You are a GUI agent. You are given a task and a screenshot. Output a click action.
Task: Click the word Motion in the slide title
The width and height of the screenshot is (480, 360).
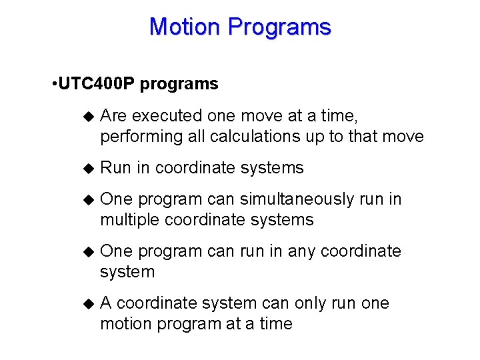tap(185, 27)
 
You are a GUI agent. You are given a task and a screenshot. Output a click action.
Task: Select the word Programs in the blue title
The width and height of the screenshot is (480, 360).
tap(279, 27)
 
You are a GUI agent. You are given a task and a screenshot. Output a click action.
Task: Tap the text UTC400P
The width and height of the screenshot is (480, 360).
tap(97, 84)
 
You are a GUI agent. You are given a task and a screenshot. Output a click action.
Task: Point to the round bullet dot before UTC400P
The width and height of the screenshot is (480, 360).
tap(53, 85)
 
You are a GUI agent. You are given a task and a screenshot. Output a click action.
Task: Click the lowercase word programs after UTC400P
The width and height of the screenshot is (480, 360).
tap(179, 85)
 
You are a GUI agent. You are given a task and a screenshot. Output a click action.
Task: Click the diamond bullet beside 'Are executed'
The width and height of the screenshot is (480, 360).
tap(85, 116)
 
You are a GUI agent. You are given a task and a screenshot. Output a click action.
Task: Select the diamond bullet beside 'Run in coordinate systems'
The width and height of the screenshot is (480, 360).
tap(85, 168)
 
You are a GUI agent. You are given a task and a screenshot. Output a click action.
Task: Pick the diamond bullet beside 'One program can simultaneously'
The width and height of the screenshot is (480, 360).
tap(85, 199)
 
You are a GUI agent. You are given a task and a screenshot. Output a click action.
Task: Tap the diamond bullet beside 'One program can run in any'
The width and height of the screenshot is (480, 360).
tap(85, 251)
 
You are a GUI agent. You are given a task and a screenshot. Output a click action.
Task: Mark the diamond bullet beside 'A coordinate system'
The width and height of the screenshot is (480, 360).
tap(85, 303)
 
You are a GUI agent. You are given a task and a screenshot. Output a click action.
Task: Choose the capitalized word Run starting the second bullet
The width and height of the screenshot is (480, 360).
tap(116, 168)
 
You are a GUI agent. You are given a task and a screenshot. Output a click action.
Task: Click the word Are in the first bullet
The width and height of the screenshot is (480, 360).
tap(114, 116)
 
